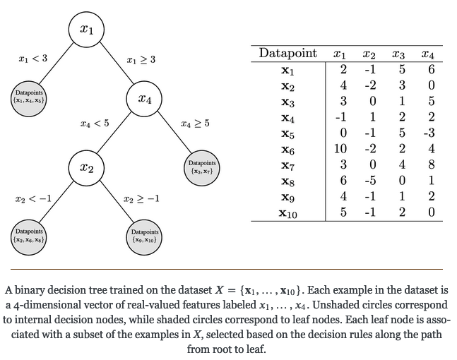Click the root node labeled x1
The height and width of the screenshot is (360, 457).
click(86, 30)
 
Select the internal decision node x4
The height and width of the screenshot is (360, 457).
click(144, 99)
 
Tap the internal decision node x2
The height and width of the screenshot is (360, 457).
click(86, 168)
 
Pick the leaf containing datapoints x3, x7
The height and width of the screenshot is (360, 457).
click(201, 168)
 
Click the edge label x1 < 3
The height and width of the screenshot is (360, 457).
click(33, 58)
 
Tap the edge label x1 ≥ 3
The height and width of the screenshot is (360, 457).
click(141, 61)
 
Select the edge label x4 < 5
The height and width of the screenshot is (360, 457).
click(95, 124)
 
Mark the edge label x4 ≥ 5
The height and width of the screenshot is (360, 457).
click(195, 124)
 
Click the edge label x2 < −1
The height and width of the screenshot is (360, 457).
click(33, 199)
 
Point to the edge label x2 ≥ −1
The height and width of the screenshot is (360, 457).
click(141, 199)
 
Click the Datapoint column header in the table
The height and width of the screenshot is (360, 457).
click(288, 54)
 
